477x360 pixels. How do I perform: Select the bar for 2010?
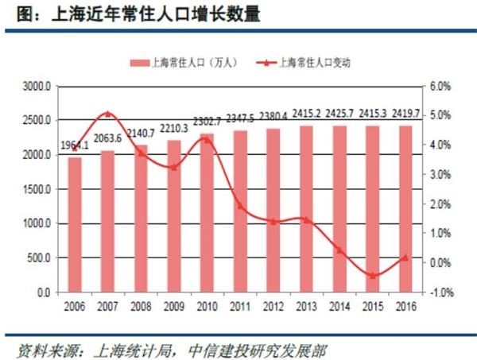point(207,213)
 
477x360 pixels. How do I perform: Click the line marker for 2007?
point(108,114)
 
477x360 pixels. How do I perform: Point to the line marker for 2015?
point(372,276)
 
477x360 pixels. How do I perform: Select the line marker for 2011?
point(240,205)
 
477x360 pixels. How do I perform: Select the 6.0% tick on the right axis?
point(442,86)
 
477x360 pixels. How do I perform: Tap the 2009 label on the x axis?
point(174,306)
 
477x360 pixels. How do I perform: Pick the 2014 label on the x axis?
point(339,306)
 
